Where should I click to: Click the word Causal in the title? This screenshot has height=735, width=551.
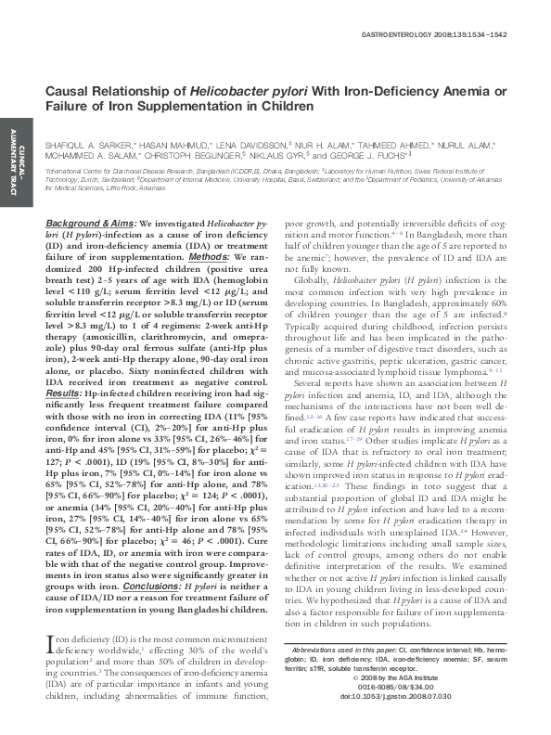(x=70, y=92)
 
